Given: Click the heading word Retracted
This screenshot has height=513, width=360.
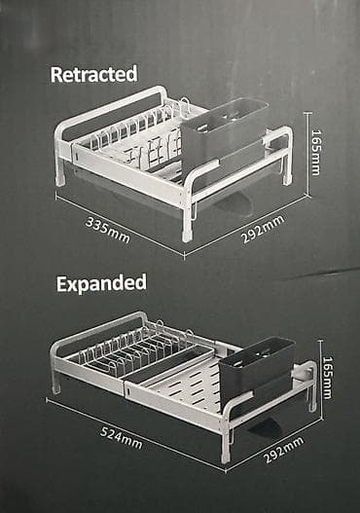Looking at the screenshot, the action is point(93,74).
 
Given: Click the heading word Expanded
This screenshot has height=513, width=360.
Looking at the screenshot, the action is point(101,283).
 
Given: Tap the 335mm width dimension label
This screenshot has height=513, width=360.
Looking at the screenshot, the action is point(108,230).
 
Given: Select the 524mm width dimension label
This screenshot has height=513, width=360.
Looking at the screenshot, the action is point(121,437).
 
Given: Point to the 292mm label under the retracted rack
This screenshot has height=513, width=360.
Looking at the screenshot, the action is point(263,229).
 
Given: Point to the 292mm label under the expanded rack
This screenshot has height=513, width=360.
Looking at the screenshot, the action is point(284,450).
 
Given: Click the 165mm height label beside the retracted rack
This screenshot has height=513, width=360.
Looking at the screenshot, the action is point(316,153).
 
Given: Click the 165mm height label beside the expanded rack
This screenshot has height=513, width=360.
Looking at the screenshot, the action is point(327,378).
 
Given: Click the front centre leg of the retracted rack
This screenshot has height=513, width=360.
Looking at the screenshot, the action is point(188,224).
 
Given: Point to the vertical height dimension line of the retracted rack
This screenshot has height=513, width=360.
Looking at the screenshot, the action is point(307,154).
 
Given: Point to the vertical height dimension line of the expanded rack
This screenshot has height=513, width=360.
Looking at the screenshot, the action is point(321,380).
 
